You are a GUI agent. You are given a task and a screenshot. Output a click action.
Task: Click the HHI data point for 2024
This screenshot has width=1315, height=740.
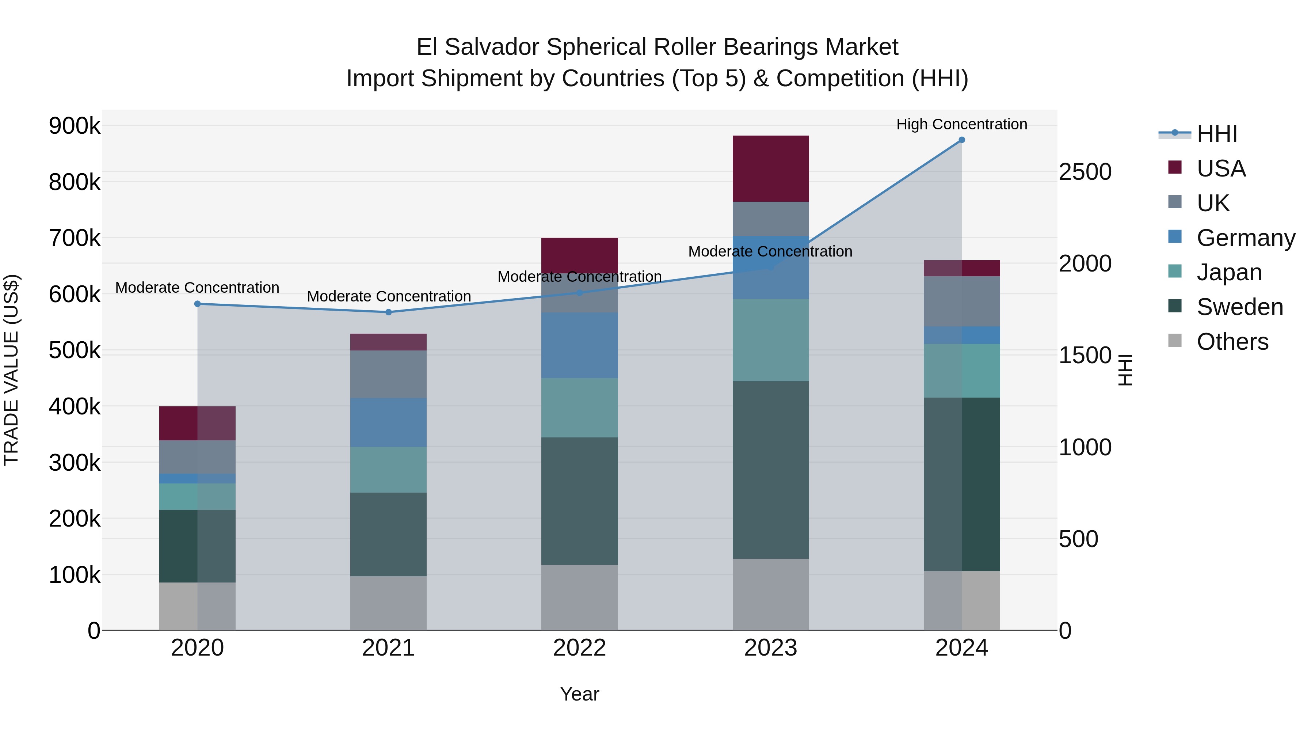[962, 140]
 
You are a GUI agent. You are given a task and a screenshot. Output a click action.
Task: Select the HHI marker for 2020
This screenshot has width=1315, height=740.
[198, 304]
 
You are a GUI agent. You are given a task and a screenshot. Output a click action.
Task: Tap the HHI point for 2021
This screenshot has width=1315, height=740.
[389, 312]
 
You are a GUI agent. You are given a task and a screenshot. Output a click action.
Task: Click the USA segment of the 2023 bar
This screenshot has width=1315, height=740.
[770, 168]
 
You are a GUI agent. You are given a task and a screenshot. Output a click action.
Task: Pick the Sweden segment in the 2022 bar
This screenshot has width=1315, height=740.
[579, 501]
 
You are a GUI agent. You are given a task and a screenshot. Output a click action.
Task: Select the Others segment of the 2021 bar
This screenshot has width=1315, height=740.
[389, 603]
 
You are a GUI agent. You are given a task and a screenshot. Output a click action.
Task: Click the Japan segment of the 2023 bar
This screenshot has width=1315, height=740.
[770, 340]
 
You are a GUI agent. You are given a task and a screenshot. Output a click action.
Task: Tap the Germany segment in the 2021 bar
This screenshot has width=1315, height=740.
[389, 422]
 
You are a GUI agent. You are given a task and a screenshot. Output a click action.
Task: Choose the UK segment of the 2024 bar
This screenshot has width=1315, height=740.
[962, 301]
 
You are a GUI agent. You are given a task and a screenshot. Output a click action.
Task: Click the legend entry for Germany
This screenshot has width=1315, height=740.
[1246, 238]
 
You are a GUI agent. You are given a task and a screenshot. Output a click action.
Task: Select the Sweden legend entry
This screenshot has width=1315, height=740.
[1239, 307]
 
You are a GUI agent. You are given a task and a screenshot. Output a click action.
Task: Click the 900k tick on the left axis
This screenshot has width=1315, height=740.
[75, 126]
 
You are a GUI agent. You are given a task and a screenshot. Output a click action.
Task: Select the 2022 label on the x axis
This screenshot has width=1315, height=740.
[579, 648]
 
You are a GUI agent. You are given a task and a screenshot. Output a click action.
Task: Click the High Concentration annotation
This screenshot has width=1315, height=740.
[962, 124]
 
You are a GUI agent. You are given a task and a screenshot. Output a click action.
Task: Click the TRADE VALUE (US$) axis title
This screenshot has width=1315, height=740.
[12, 370]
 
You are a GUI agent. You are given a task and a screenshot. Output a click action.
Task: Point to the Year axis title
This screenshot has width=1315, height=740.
[579, 694]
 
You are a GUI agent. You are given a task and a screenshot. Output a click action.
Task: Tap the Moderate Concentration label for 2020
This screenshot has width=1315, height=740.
[198, 288]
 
